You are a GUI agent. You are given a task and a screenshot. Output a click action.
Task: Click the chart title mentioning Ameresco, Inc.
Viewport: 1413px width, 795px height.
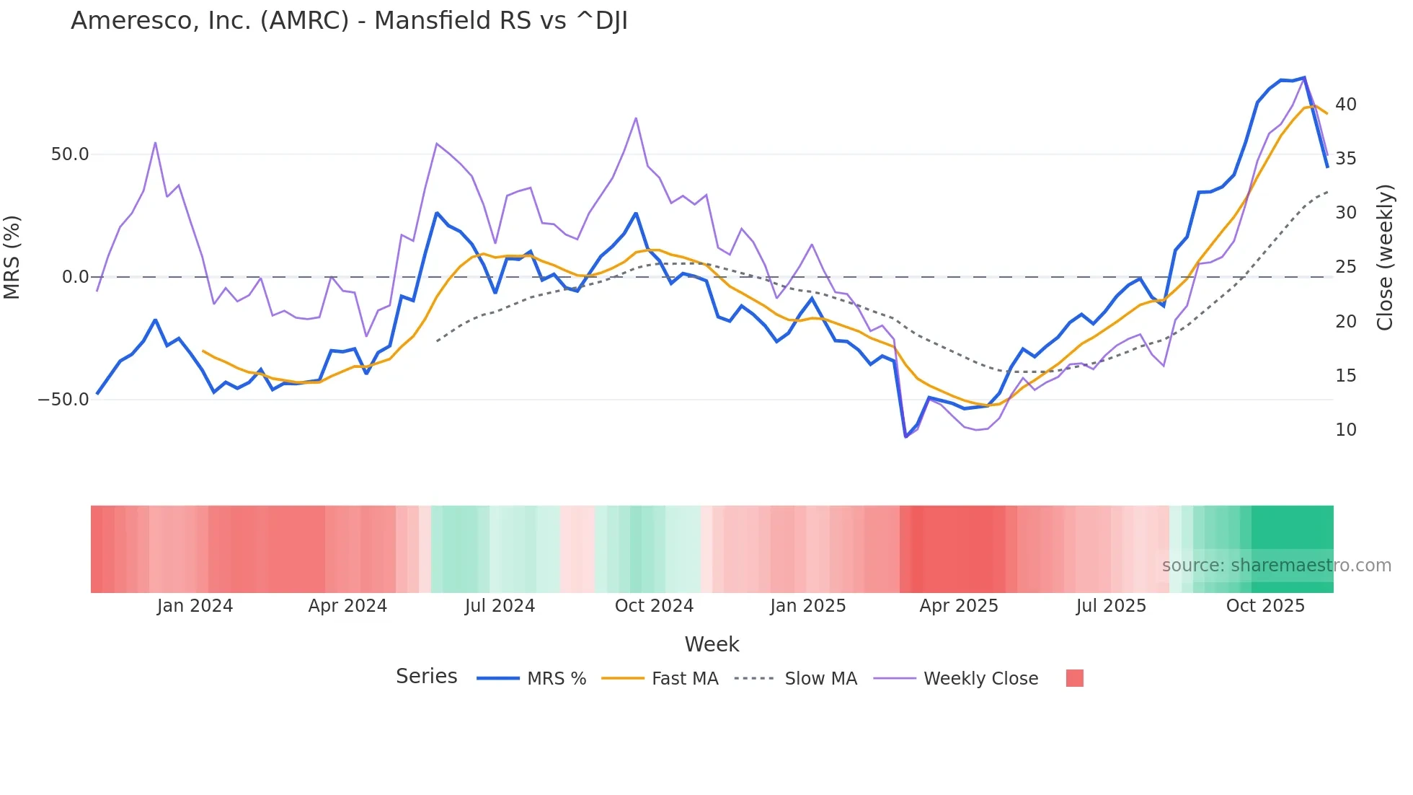point(349,21)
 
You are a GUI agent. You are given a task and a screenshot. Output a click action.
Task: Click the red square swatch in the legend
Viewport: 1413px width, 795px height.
point(1074,678)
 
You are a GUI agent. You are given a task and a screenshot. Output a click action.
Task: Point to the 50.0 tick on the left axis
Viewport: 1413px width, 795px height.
point(70,154)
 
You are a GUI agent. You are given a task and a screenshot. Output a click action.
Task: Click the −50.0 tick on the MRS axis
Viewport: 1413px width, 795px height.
point(63,400)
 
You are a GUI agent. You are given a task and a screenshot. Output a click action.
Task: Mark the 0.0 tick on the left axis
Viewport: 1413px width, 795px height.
point(76,277)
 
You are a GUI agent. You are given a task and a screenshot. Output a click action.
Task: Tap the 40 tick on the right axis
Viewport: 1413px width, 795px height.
point(1345,105)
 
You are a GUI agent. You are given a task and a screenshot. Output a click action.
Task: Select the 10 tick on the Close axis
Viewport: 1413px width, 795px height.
point(1345,430)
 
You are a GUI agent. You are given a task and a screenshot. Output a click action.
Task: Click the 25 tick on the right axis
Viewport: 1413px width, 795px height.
point(1345,267)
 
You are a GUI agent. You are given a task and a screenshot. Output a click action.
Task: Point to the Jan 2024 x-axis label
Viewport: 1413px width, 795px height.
point(195,606)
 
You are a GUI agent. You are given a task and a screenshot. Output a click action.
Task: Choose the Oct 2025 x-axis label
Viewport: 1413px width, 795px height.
point(1265,606)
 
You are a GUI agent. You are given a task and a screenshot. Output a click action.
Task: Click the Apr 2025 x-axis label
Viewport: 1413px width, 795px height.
point(958,606)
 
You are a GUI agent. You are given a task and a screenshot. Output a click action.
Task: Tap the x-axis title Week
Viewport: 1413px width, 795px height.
point(712,644)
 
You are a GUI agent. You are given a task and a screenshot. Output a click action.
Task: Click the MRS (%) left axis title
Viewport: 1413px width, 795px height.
point(12,258)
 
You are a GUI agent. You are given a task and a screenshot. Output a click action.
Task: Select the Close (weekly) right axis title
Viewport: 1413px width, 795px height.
point(1385,258)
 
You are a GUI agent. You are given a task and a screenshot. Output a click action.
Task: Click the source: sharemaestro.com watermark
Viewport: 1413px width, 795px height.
point(1276,566)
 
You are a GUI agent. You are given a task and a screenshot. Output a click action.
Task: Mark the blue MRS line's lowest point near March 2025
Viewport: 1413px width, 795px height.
point(905,436)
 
